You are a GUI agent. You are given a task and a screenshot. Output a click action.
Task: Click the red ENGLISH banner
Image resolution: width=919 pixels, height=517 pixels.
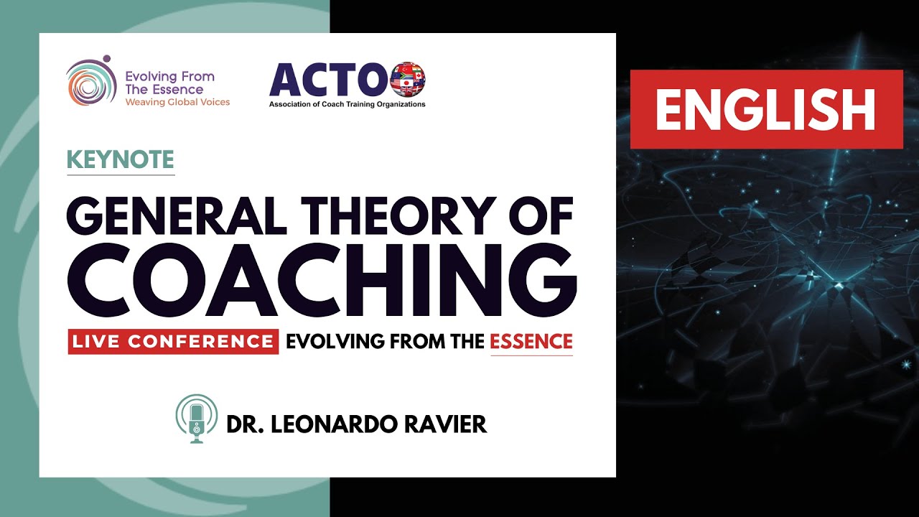click(766, 109)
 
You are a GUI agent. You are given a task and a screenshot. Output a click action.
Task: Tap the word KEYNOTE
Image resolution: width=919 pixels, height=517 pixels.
click(121, 159)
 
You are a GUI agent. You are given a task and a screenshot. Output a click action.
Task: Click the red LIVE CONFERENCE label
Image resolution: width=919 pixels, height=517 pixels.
click(173, 341)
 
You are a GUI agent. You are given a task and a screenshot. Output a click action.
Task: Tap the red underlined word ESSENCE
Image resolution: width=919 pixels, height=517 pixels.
click(531, 341)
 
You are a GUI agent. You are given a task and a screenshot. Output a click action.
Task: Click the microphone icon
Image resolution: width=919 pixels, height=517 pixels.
click(196, 420)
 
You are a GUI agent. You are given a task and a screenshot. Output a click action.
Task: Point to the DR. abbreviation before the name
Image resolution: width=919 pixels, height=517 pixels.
click(242, 424)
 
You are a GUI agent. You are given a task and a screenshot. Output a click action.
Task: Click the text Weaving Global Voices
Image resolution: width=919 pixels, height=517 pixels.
click(177, 103)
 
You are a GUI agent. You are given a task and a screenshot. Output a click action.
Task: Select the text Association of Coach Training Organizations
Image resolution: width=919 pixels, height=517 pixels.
click(347, 105)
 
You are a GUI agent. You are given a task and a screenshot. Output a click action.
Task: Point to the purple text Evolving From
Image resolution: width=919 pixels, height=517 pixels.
click(169, 77)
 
